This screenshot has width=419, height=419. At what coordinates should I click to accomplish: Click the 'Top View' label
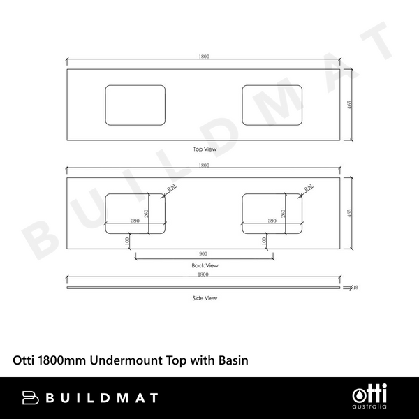[x=205, y=149]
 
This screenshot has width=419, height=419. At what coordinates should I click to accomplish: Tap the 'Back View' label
[x=205, y=265]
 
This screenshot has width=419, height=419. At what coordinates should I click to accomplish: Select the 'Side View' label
[x=205, y=298]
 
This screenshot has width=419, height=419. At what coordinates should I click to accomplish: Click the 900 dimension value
[x=203, y=253]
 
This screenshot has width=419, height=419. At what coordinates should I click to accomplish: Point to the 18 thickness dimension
[x=355, y=288]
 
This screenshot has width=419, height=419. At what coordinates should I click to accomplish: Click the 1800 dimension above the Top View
[x=204, y=57]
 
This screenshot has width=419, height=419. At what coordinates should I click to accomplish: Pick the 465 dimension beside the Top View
[x=349, y=105]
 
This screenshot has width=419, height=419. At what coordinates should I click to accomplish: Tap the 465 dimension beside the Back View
[x=349, y=213]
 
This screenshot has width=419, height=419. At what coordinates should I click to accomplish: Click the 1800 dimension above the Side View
[x=203, y=274]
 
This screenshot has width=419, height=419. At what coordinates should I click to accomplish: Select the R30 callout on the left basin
[x=172, y=187]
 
